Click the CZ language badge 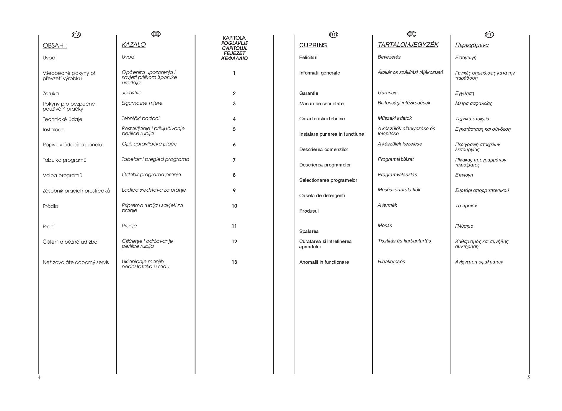76,35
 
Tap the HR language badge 156,34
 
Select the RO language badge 334,35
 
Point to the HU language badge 412,34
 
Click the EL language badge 489,35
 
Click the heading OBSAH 55,46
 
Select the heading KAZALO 134,45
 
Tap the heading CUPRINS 313,45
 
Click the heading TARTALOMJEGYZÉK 408,45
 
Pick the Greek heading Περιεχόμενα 472,45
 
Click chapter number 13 234,262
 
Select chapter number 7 234,160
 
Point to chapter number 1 234,73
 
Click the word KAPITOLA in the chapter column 234,38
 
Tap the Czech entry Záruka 51,93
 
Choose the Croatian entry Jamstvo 132,93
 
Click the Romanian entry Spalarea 309,231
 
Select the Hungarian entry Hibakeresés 391,262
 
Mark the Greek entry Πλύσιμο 464,226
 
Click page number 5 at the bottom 529,377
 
